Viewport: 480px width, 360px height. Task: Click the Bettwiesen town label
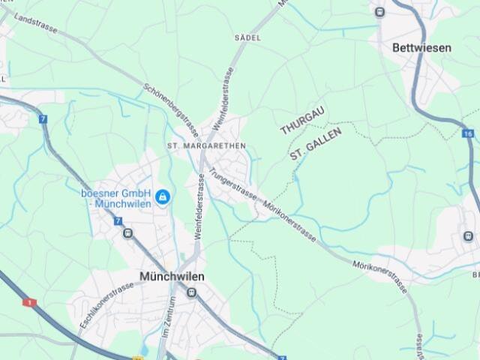click(x=422, y=47)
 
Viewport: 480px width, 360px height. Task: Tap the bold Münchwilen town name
click(x=172, y=276)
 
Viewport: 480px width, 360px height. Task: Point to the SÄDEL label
click(x=247, y=37)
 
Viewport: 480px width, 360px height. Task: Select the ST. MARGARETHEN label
click(x=205, y=145)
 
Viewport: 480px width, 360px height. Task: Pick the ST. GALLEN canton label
click(x=316, y=144)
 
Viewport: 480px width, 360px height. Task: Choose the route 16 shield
click(x=469, y=133)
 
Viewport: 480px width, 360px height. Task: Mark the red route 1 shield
click(x=30, y=302)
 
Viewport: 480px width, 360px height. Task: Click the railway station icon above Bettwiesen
click(x=379, y=11)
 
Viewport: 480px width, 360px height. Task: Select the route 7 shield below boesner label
click(x=118, y=220)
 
